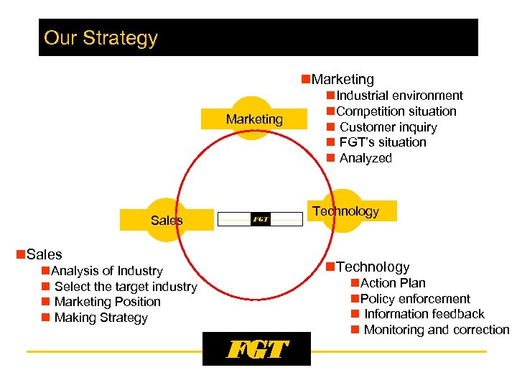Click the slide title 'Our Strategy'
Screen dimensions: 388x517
coord(101,38)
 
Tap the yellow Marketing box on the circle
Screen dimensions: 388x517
coord(254,119)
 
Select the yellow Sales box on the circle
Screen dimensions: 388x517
coord(167,220)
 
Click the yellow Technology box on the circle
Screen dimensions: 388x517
coord(345,211)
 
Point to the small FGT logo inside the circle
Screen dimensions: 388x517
coord(260,219)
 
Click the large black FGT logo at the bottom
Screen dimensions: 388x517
coord(256,349)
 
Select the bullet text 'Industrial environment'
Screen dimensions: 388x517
coord(399,96)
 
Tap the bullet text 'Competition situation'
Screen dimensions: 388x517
coord(396,111)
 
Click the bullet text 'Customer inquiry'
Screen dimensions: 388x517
coord(388,127)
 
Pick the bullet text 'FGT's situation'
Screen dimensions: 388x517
coord(383,142)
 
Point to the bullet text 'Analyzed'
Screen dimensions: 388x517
coord(365,158)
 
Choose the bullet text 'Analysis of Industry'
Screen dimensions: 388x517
coord(107,271)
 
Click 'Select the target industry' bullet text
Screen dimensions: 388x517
coord(126,287)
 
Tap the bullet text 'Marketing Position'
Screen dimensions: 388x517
coord(107,302)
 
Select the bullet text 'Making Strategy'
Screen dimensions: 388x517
coord(101,318)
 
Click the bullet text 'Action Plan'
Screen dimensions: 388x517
coord(393,283)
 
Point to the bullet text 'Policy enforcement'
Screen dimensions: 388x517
coord(415,299)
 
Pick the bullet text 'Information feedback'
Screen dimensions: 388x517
coord(424,314)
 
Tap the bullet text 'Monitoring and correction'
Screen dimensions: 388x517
coord(436,330)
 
